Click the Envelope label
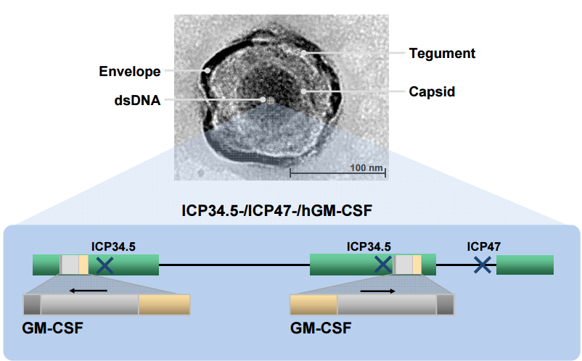click(x=130, y=72)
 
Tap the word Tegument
click(x=442, y=54)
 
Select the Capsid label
click(x=432, y=92)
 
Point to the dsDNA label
click(x=137, y=100)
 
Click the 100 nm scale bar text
click(x=366, y=168)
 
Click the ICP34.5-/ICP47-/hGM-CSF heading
click(x=276, y=210)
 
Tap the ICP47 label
click(x=483, y=246)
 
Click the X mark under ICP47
click(x=483, y=265)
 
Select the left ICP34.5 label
click(x=113, y=246)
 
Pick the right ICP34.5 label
click(x=369, y=246)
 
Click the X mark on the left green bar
click(x=105, y=265)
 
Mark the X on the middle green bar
click(x=383, y=265)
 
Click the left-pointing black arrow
click(x=89, y=291)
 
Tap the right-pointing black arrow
click(x=378, y=291)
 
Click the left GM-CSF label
click(x=52, y=328)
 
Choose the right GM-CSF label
click(x=321, y=328)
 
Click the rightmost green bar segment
click(x=525, y=265)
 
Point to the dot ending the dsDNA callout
click(x=263, y=99)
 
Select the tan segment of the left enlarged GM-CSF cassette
click(x=165, y=304)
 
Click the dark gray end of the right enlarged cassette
click(x=445, y=304)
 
